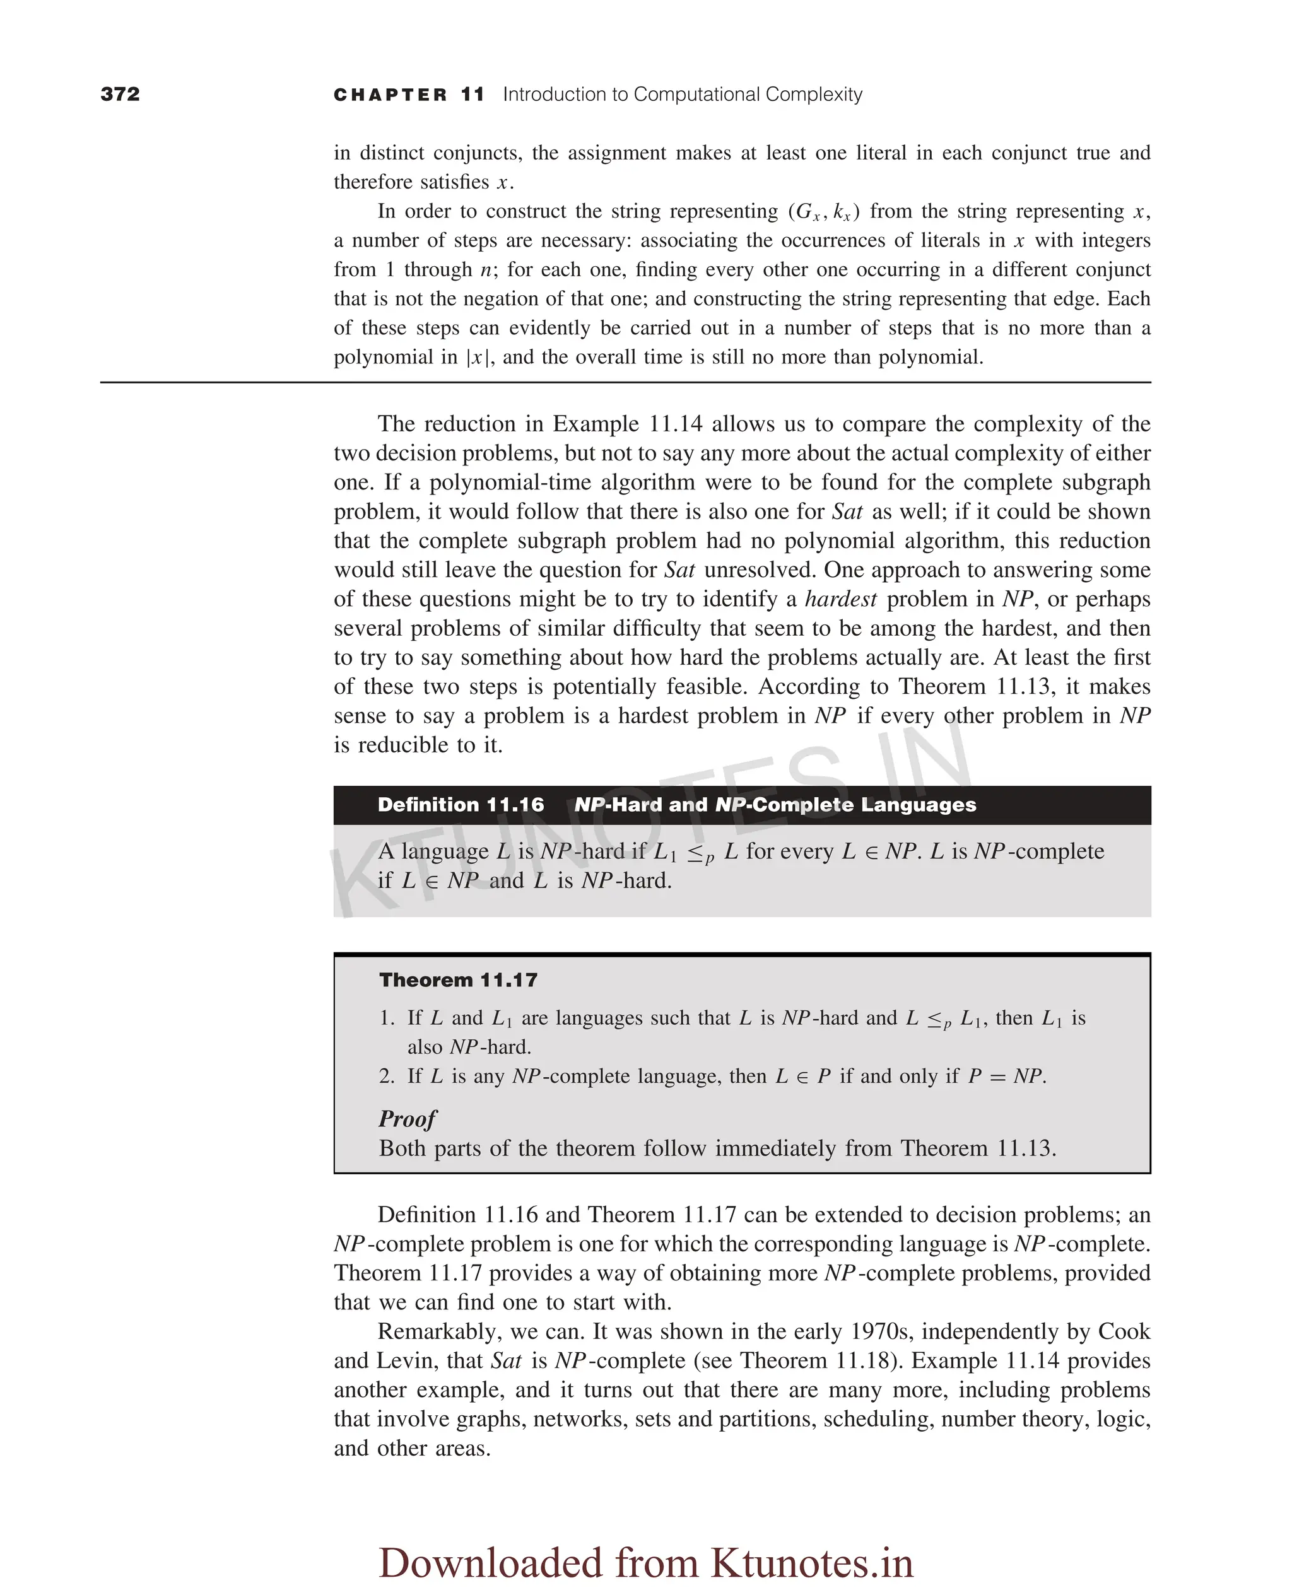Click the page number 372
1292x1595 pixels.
[120, 94]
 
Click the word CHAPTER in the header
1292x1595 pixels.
[390, 95]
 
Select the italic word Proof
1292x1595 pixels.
[407, 1119]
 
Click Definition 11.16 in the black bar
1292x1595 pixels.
[460, 805]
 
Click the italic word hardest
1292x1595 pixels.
[840, 599]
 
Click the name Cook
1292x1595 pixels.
[1124, 1331]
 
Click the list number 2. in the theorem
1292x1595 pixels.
[387, 1076]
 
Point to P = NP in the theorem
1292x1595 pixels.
[1006, 1076]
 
